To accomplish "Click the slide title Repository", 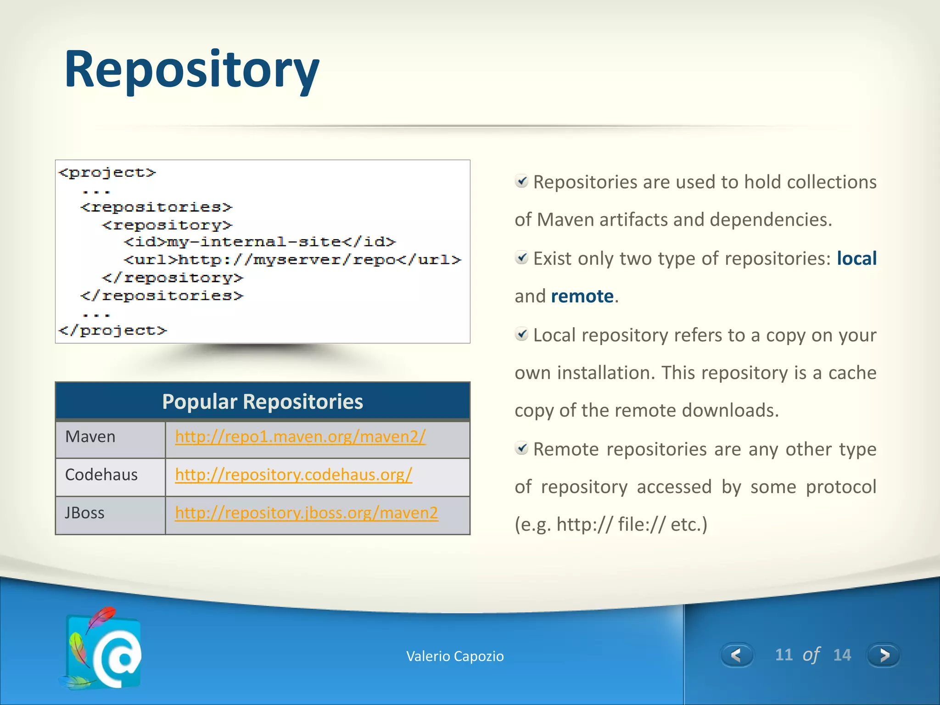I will pos(191,70).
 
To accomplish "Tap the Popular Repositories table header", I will pos(263,402).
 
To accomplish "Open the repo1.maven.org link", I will pos(300,436).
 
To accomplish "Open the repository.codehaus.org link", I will pos(293,475).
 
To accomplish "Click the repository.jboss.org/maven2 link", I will pos(306,513).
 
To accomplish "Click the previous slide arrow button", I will pos(736,655).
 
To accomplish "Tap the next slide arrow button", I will pos(884,655).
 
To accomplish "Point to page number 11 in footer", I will pos(783,655).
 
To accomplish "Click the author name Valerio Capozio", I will pos(455,656).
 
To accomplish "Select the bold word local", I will pos(856,258).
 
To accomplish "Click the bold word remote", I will pos(582,297).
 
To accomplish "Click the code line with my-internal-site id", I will pos(259,242).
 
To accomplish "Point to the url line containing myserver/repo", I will pos(292,260).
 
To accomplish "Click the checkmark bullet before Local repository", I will pos(521,334).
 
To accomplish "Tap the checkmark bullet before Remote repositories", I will pos(521,448).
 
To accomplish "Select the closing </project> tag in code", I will pos(113,330).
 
